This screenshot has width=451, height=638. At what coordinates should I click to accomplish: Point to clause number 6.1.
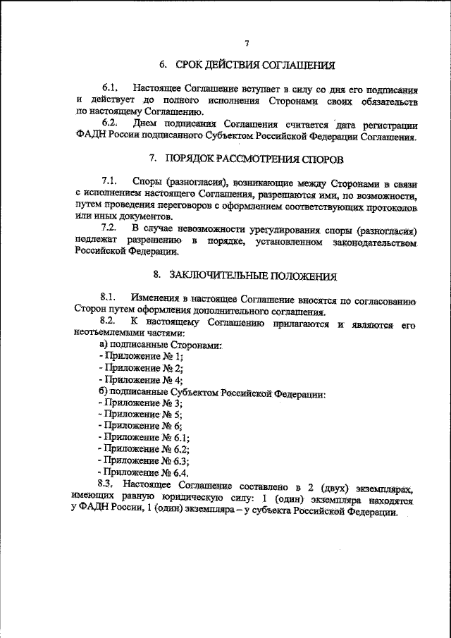point(111,90)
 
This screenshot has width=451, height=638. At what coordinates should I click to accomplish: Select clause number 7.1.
point(111,181)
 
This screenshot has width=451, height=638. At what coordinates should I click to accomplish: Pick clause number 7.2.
point(111,228)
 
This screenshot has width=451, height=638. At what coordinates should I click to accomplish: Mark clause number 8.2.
point(111,322)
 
